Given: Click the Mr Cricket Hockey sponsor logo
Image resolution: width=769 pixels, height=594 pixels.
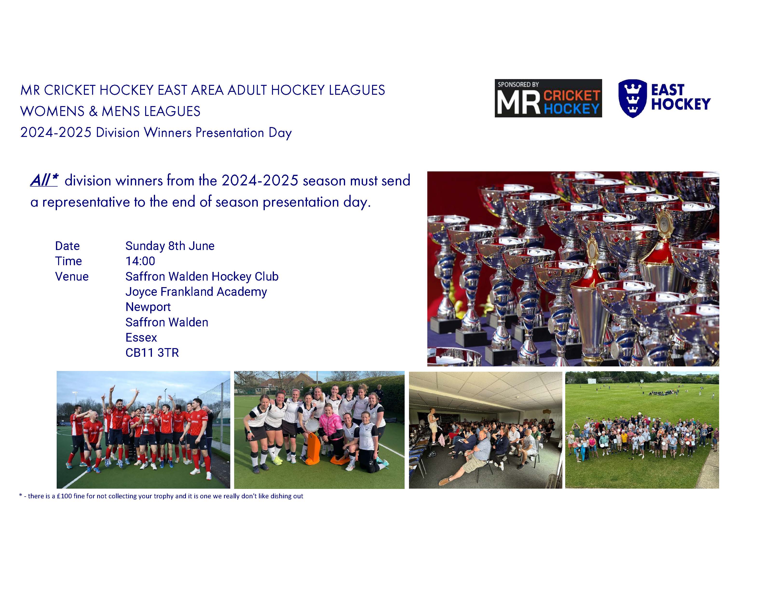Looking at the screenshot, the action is tap(548, 98).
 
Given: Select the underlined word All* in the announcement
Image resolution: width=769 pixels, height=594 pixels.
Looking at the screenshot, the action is tap(44, 180).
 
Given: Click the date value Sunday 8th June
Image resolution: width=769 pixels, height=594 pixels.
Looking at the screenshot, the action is tap(170, 246).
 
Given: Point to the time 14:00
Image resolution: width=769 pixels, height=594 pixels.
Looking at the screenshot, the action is tap(140, 261).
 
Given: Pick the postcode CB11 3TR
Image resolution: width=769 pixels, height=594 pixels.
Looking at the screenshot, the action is tap(152, 352).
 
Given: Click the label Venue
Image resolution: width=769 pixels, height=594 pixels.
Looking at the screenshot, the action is tap(72, 277).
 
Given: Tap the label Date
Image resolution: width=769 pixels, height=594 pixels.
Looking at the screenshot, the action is tap(67, 246).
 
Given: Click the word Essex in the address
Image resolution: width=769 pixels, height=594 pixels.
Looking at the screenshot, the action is tap(141, 337).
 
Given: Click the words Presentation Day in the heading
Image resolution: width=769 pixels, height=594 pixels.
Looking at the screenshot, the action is tap(243, 133).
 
